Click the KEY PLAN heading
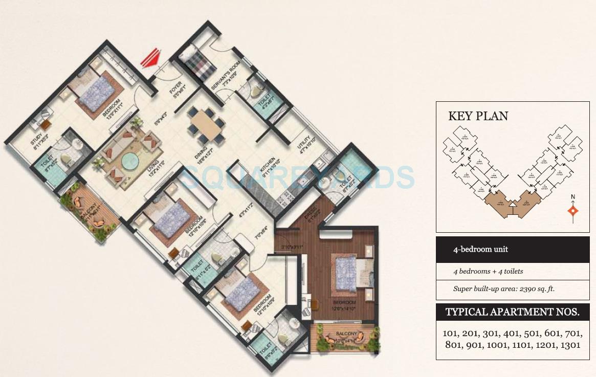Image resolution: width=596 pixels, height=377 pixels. [478, 116]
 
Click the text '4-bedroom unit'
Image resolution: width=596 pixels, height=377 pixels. [480, 250]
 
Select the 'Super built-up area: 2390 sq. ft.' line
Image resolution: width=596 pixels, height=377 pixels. [503, 289]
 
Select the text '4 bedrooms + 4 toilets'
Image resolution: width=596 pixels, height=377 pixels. [488, 271]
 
